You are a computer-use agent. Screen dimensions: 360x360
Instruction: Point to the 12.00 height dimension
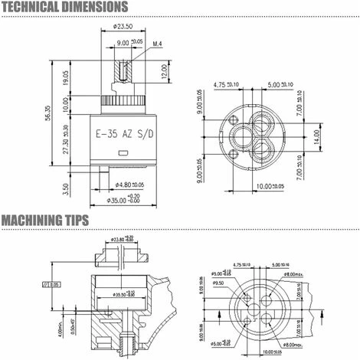point(164,74)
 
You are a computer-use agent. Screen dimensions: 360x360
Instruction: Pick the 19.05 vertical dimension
point(66,77)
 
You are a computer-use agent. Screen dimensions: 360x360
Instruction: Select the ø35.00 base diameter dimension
point(126,200)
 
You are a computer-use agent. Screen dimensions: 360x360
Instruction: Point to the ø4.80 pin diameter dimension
point(129,185)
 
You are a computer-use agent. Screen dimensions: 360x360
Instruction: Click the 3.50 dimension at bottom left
point(66,185)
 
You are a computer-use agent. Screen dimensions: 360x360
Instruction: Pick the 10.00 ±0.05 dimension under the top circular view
point(268,185)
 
